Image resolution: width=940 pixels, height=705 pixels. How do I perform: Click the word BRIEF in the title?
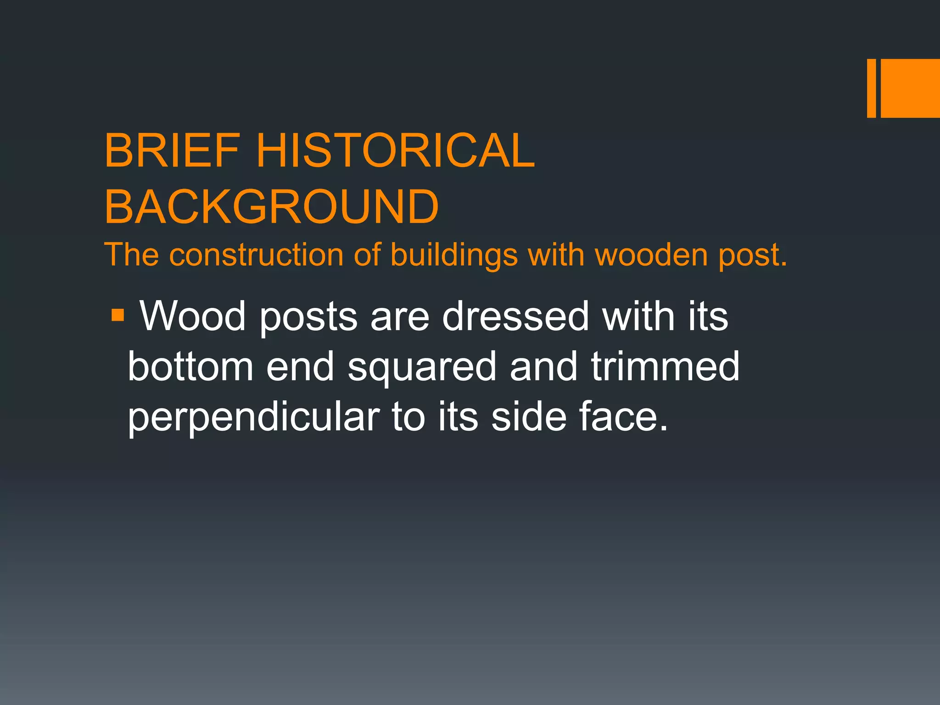172,151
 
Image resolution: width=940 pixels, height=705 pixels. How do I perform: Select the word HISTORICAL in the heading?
395,151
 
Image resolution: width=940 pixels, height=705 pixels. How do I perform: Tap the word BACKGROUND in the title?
272,207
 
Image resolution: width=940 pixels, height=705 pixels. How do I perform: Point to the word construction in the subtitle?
256,255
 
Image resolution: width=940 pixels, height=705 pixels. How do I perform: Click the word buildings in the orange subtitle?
454,256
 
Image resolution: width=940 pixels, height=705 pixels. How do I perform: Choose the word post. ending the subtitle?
753,256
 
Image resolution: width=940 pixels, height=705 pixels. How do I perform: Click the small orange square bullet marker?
117,315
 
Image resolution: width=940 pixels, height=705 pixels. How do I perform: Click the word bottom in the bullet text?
190,367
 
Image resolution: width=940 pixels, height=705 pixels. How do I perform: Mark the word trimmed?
665,367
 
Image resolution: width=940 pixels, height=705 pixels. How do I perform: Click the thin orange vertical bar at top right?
871,88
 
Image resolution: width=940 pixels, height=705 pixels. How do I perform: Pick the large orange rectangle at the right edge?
910,88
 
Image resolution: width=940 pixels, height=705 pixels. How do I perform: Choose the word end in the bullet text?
300,367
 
